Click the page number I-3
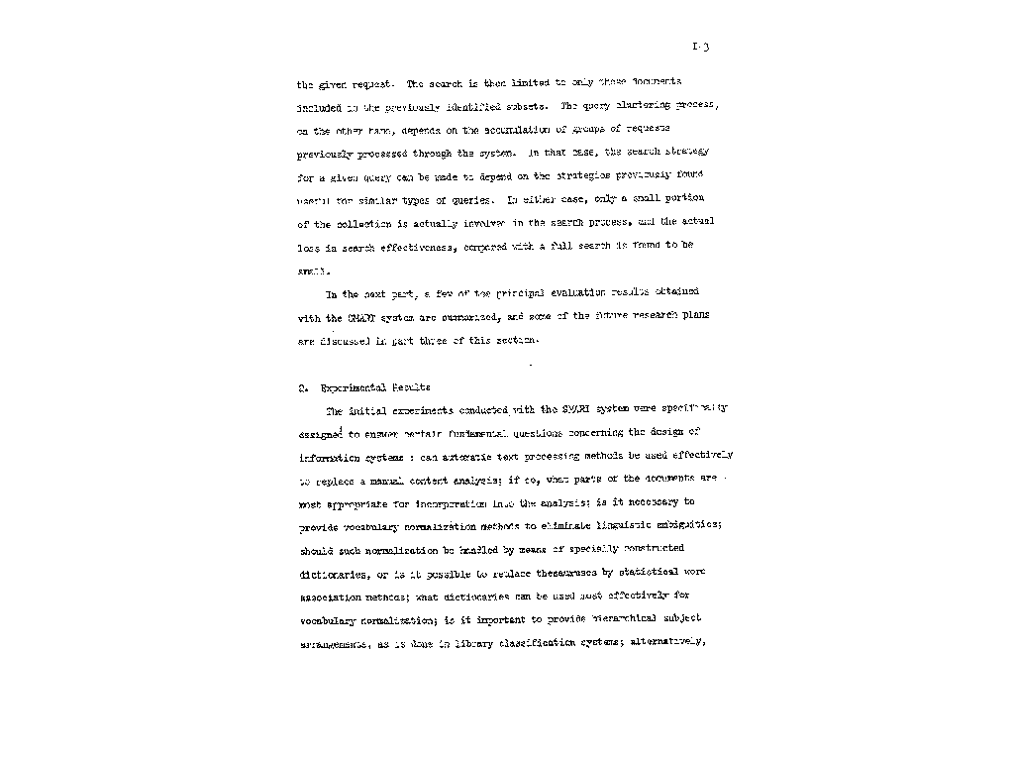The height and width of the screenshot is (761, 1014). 702,47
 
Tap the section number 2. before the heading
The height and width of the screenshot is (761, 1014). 301,387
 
